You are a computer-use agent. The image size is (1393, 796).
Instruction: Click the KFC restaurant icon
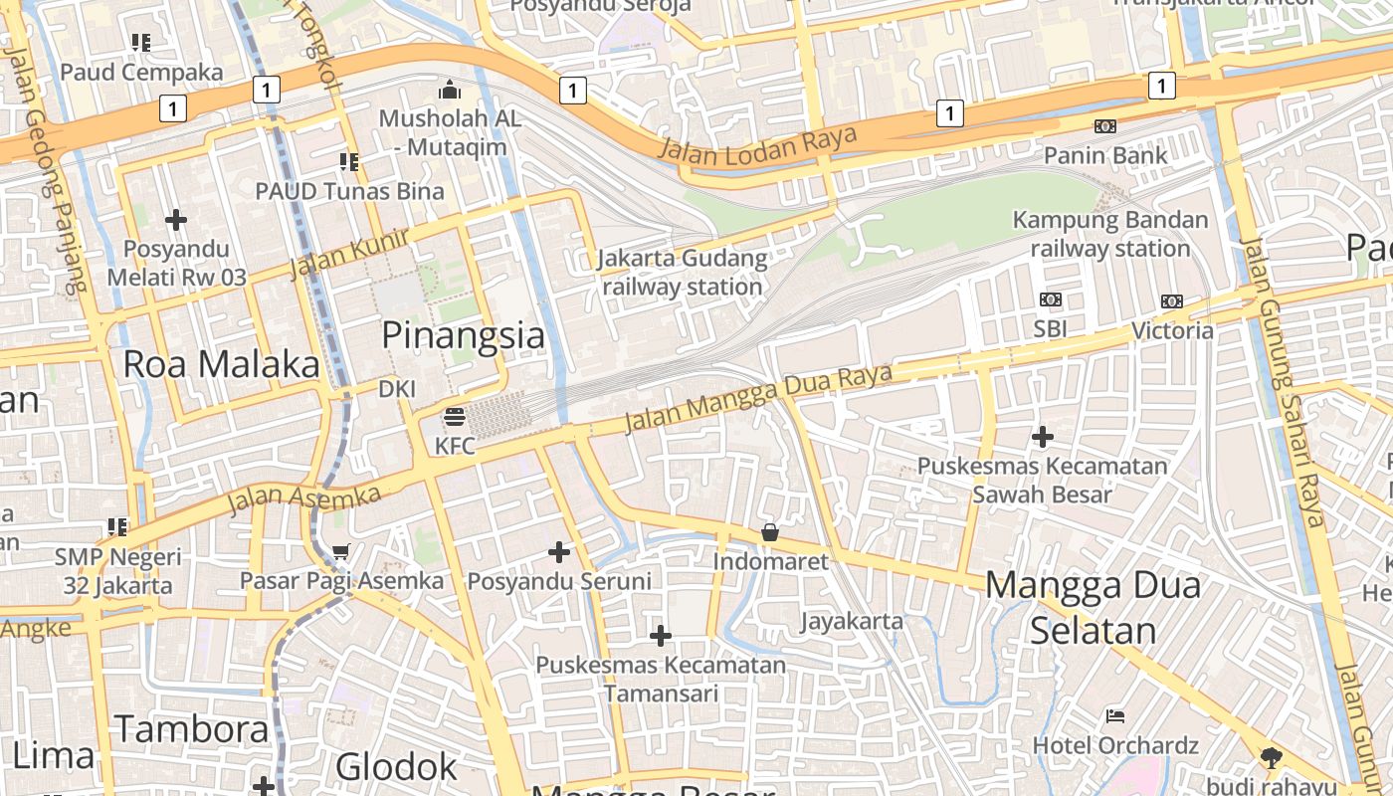(455, 416)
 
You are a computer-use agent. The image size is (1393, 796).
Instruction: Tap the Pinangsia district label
(464, 335)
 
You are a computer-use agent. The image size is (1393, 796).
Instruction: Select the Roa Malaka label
(221, 364)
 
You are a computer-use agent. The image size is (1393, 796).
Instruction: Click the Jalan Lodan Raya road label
(757, 145)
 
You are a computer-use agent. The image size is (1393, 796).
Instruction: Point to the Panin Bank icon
(1104, 126)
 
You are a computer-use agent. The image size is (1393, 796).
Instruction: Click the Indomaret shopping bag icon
(770, 533)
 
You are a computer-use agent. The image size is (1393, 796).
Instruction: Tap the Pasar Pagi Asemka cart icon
(341, 551)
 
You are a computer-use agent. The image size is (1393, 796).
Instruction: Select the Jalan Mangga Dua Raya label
(757, 400)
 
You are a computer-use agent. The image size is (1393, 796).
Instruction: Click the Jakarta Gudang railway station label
(683, 273)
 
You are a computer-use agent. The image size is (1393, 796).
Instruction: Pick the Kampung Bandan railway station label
(1110, 234)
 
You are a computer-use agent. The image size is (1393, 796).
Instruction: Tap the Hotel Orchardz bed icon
(1115, 715)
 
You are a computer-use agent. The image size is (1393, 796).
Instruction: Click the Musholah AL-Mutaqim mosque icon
(450, 91)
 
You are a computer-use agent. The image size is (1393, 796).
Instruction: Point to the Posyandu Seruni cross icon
(559, 551)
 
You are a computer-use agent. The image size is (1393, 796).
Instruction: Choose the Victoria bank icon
(1172, 301)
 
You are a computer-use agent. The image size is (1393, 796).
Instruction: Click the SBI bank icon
(1051, 299)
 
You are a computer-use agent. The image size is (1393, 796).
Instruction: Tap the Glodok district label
(396, 767)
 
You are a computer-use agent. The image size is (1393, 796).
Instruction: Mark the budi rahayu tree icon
(1271, 757)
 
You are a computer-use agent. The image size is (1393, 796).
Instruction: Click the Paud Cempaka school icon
(141, 43)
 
